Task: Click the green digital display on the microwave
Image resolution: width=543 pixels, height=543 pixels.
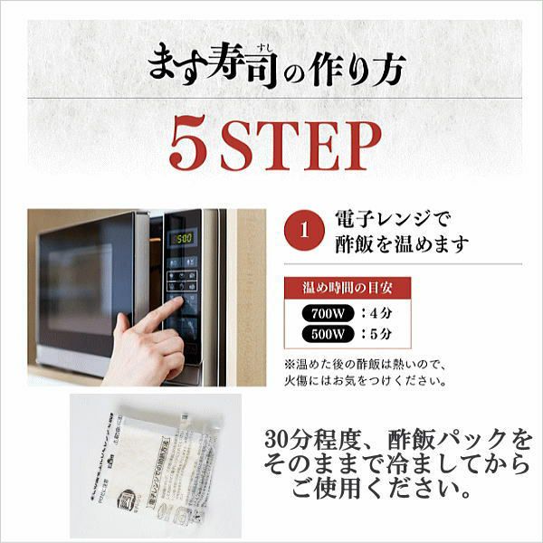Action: click(x=184, y=238)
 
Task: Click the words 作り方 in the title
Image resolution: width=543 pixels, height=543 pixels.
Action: click(x=362, y=69)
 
